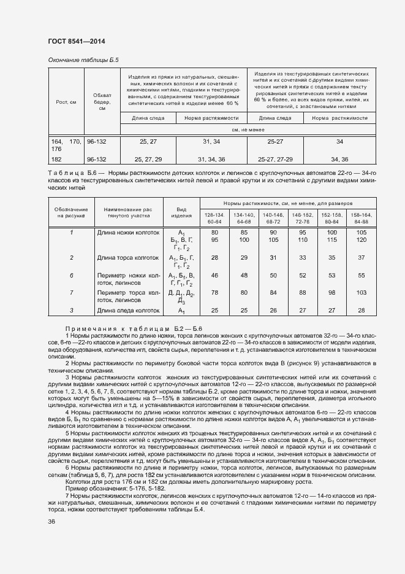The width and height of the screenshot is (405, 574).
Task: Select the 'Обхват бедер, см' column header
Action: coord(102,102)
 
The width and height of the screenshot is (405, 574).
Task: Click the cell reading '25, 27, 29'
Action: coord(148,159)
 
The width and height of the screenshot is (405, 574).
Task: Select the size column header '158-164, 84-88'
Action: coord(361,217)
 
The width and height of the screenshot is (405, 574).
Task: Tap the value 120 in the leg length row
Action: coord(361,240)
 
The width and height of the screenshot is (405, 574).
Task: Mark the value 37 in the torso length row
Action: coord(361,258)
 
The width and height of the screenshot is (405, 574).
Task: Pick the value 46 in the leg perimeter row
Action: coord(214,276)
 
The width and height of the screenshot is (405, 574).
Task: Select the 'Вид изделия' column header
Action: coord(181,212)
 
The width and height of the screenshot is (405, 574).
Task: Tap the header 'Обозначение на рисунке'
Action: coord(71,212)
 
